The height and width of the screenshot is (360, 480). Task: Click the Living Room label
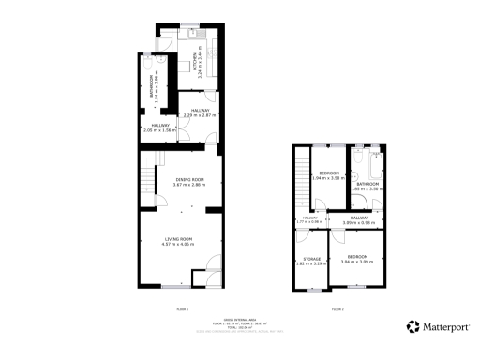(177, 241)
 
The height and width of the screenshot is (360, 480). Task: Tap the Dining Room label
(190, 182)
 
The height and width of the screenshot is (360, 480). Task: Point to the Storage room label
(310, 262)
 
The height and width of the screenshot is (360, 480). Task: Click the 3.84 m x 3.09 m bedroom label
(357, 259)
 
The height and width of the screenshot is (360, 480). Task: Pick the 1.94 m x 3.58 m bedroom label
(328, 175)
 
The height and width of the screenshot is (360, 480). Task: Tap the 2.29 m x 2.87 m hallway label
(199, 112)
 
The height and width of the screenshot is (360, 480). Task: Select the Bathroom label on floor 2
(367, 186)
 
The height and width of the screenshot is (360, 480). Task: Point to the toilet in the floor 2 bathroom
(356, 176)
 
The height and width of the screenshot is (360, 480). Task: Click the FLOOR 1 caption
(183, 308)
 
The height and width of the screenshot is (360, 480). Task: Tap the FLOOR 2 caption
(337, 308)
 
